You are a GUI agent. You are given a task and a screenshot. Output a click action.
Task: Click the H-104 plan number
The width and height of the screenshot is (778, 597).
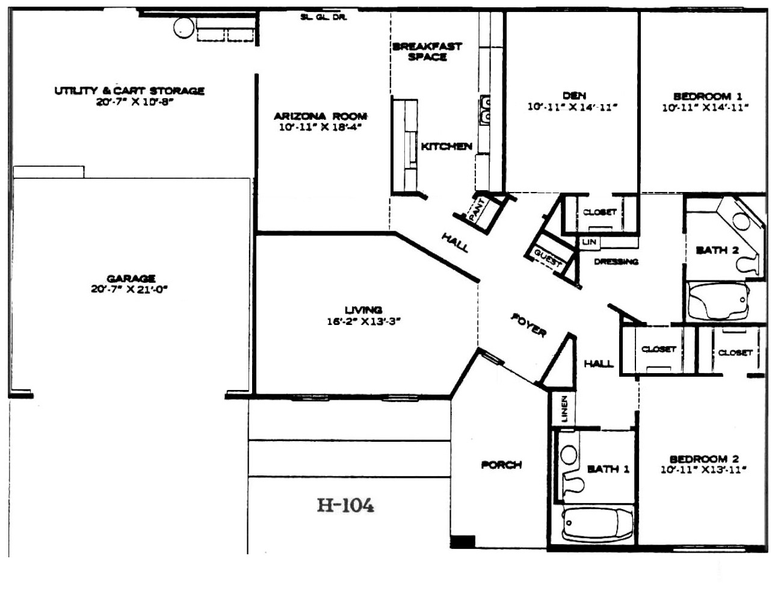point(345,506)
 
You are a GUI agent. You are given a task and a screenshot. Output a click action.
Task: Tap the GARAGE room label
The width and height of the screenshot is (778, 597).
point(131,278)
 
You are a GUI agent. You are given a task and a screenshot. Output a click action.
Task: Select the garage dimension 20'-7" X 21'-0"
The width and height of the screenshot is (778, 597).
point(129,289)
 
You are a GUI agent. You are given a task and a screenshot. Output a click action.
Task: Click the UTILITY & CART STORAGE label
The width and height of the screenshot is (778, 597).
point(129,90)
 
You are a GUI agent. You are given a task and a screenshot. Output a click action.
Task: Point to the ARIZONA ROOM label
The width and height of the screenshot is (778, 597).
point(321,116)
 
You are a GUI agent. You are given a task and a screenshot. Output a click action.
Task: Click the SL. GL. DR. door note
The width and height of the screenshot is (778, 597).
point(323,17)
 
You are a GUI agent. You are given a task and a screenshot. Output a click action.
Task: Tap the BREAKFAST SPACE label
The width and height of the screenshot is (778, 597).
point(427,52)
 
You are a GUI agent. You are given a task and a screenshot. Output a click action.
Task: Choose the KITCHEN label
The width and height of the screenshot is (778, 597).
point(446,146)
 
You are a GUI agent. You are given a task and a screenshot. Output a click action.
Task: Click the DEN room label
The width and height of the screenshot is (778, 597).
point(574,96)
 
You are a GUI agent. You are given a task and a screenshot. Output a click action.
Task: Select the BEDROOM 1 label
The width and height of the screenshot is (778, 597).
point(708,96)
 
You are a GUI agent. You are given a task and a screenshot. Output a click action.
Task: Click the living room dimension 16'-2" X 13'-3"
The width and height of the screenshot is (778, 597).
point(363,321)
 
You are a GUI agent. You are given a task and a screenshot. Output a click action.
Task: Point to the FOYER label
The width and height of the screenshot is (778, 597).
point(529,326)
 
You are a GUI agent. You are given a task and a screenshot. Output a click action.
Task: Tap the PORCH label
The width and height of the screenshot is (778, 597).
point(501,465)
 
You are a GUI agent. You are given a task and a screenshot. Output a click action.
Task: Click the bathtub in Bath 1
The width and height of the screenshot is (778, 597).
point(597,525)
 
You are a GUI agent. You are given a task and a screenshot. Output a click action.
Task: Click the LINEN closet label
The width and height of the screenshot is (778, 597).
point(564,409)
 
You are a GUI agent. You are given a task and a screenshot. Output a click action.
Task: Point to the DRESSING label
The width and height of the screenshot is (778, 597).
point(616,262)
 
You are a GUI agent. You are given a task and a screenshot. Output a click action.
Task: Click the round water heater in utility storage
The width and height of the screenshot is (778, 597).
point(184,27)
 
